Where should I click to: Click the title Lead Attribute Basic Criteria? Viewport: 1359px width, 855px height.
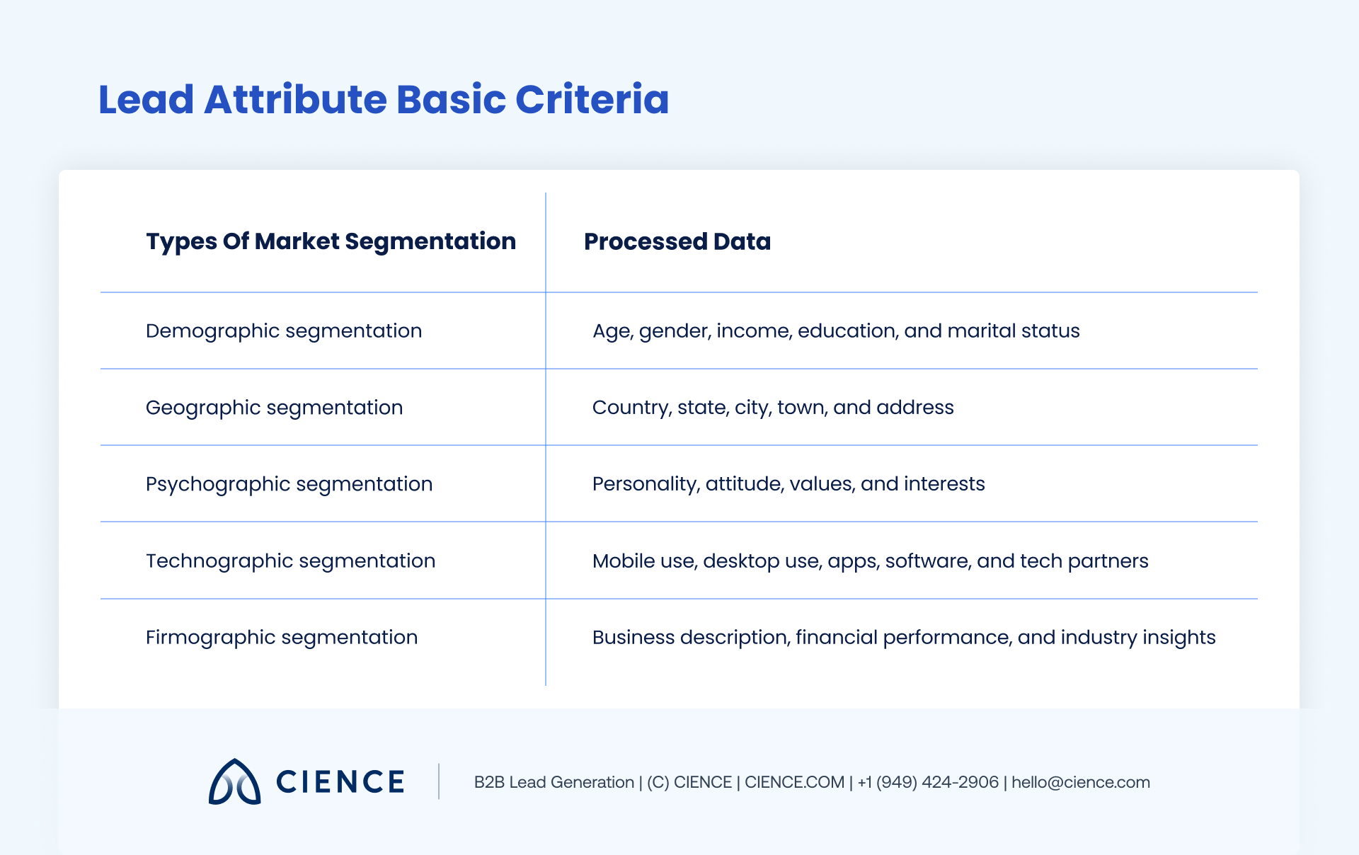pyautogui.click(x=383, y=99)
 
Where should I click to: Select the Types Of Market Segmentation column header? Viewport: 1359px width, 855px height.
pyautogui.click(x=331, y=241)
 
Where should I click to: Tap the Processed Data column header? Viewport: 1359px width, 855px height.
pyautogui.click(x=677, y=241)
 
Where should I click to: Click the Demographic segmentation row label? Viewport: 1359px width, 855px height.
pyautogui.click(x=284, y=331)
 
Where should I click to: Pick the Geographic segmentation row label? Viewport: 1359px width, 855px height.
pyautogui.click(x=274, y=408)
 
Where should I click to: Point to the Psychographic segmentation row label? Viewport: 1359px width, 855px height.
pyautogui.click(x=289, y=484)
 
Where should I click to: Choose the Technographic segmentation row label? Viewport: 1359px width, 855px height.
pyautogui.click(x=290, y=561)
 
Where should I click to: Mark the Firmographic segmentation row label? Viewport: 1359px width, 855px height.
pyautogui.click(x=282, y=637)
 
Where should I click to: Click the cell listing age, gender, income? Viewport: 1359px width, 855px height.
pyautogui.click(x=836, y=331)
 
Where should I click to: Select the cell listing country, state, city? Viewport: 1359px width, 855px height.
pyautogui.click(x=773, y=408)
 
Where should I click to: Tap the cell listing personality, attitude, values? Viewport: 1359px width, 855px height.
pyautogui.click(x=789, y=484)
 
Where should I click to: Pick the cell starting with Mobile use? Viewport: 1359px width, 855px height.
pyautogui.click(x=870, y=561)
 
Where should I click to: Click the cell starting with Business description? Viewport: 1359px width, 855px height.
pyautogui.click(x=904, y=637)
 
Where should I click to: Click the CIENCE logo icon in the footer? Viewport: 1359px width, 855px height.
pyautogui.click(x=234, y=782)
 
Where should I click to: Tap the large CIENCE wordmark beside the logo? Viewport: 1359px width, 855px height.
pyautogui.click(x=340, y=782)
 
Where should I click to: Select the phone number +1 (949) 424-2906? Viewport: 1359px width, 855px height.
pyautogui.click(x=928, y=782)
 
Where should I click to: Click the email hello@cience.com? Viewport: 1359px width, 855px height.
pyautogui.click(x=1080, y=782)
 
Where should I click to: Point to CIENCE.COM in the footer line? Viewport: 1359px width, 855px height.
pyautogui.click(x=794, y=782)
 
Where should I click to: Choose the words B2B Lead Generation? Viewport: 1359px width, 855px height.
pyautogui.click(x=554, y=782)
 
